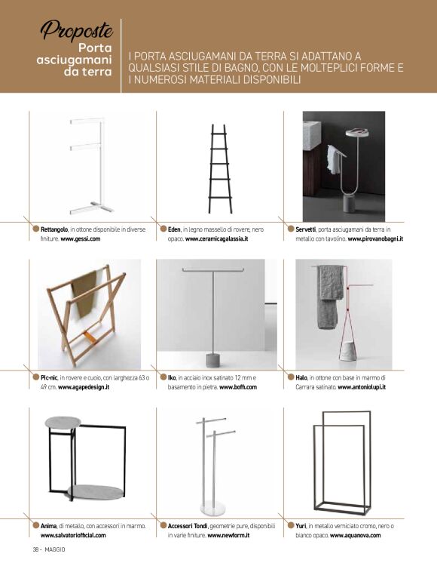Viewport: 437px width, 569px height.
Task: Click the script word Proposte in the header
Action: click(76, 30)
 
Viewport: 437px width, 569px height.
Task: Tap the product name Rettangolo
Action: click(54, 229)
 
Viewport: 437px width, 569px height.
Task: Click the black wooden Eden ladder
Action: click(220, 169)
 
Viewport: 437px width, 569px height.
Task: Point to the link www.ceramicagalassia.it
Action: click(217, 238)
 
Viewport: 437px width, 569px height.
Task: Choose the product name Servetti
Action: click(305, 229)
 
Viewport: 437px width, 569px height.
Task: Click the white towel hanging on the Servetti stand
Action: click(333, 159)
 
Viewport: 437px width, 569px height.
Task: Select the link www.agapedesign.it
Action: click(84, 387)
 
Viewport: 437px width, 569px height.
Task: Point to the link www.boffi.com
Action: click(238, 387)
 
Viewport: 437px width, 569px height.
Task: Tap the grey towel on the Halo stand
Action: click(329, 297)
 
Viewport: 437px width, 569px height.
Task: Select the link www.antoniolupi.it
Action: click(362, 387)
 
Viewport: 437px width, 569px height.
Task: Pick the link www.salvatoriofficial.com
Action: click(73, 535)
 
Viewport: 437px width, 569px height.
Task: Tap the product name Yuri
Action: click(301, 526)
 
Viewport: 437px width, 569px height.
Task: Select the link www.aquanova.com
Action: click(356, 535)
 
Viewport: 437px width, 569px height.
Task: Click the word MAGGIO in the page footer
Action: click(55, 550)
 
